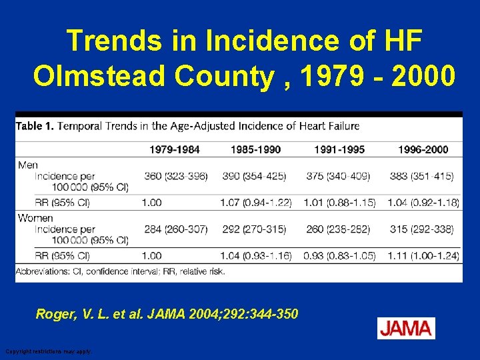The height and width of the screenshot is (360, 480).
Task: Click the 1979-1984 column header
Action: [174, 149]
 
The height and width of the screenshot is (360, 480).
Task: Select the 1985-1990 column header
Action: [256, 149]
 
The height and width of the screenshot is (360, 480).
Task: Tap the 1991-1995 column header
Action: [339, 149]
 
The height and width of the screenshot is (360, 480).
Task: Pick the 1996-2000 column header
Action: [423, 149]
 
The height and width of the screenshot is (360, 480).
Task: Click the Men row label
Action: [28, 164]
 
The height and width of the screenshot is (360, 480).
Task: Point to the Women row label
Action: [35, 217]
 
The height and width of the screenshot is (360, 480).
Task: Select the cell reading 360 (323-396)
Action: [176, 176]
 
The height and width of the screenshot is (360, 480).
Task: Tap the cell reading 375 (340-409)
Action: [338, 176]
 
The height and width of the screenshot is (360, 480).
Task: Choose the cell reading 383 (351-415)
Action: [421, 176]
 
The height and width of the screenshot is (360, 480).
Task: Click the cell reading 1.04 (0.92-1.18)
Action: [422, 202]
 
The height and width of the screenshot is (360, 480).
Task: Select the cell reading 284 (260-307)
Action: [176, 229]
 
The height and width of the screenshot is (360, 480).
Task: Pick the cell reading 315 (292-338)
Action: [421, 229]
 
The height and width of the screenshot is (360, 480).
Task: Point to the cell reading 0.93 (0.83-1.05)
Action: [339, 255]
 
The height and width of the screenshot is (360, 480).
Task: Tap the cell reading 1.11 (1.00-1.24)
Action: [422, 255]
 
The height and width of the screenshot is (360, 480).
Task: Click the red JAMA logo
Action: [406, 328]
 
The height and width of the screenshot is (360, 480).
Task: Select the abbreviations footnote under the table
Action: [120, 271]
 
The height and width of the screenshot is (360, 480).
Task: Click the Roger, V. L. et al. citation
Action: [167, 313]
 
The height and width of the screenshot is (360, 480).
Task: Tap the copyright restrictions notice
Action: [49, 351]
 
